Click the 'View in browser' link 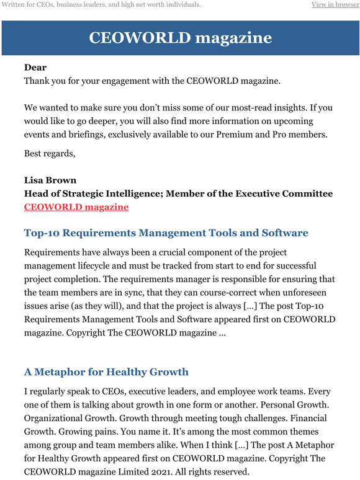(x=335, y=5)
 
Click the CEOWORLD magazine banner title (x=180, y=38)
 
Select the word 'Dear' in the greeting (x=35, y=67)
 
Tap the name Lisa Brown (x=50, y=180)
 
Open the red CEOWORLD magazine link (x=76, y=207)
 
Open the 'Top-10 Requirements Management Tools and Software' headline (x=166, y=233)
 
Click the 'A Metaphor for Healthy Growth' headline (x=106, y=372)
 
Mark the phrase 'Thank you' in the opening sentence (x=45, y=81)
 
